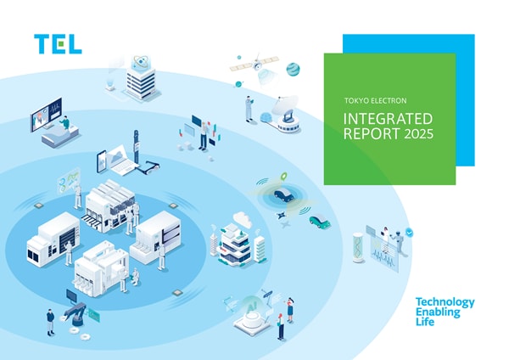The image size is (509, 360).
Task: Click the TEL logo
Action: (58, 44)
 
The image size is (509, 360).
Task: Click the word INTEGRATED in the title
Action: (388, 119)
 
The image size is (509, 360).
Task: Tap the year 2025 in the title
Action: (418, 134)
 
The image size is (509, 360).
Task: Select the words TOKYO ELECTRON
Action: (375, 101)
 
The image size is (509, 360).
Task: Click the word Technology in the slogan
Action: (445, 303)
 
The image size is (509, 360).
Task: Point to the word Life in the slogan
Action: (425, 322)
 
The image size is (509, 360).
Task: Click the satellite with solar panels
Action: (255, 64)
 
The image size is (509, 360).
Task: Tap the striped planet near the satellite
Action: (293, 70)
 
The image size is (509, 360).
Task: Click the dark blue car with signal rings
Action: (284, 195)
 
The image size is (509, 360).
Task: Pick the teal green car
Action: (320, 221)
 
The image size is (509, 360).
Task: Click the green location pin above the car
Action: (284, 177)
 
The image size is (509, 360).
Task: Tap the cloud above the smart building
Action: (243, 219)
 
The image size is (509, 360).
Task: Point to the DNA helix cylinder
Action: (359, 248)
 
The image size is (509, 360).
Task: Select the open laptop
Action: (119, 161)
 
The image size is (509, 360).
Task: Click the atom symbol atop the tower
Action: (141, 61)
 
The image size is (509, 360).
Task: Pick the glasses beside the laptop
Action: (150, 167)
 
